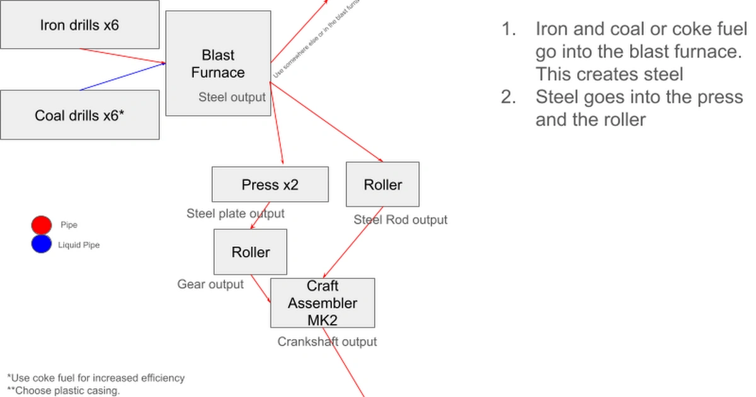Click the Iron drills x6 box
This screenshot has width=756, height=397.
pos(79,25)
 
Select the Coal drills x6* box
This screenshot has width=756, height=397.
pos(79,115)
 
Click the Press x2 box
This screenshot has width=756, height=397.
pos(270,185)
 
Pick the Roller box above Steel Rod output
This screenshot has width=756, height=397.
pos(382,185)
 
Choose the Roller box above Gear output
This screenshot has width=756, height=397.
pos(250,252)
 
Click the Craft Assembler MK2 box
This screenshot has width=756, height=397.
pos(323,303)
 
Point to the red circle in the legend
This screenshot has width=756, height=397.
pos(41,225)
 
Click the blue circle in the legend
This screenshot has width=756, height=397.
pos(41,245)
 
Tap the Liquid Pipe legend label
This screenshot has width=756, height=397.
pos(79,245)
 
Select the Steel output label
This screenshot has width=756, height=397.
pos(232,98)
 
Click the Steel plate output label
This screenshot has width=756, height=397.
pos(235,214)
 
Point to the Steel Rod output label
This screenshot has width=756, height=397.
pos(400,220)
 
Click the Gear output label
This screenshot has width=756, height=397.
pos(210,284)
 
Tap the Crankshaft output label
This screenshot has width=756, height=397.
pos(327,342)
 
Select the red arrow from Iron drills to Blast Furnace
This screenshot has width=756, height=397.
pos(123,56)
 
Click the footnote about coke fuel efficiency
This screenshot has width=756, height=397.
pos(96,378)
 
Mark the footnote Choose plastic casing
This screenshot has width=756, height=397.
pos(63,391)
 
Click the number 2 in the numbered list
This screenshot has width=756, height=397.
pos(508,98)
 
